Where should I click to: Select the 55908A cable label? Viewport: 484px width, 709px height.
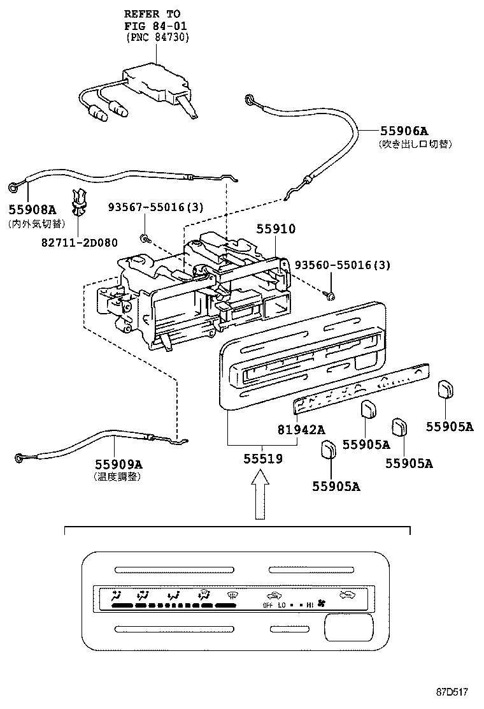point(32,210)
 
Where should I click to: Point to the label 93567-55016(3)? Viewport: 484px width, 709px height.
point(146,208)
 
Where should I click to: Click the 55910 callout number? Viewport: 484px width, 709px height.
point(276,229)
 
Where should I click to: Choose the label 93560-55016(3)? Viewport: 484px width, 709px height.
point(342,265)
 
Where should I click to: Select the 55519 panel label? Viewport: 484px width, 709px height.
point(261,458)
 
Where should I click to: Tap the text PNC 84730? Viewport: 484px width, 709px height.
point(158,36)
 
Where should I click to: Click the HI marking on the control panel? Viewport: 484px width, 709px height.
point(310,604)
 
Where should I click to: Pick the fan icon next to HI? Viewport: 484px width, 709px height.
point(322,603)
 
